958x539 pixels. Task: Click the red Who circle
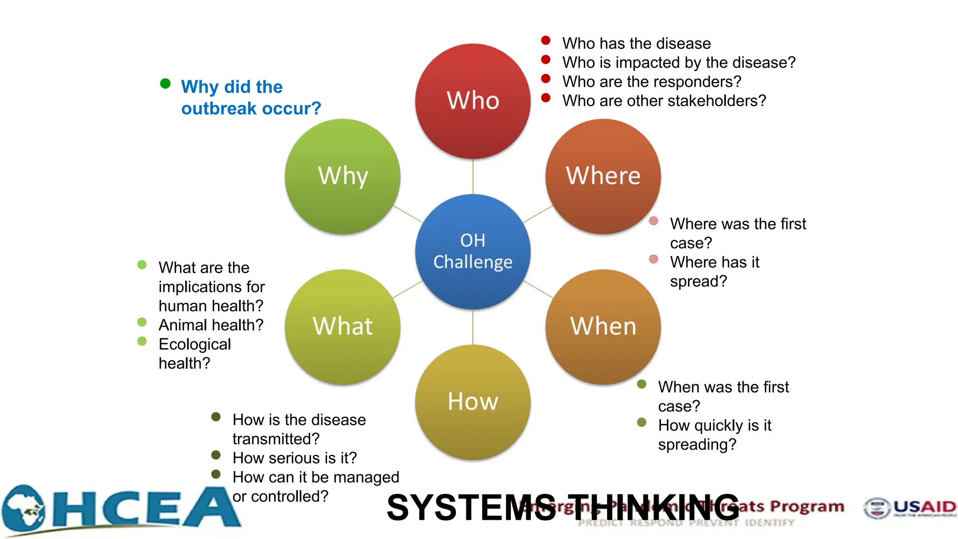tap(472, 101)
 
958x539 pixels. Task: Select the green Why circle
tap(342, 176)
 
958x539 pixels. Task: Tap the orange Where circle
tap(603, 176)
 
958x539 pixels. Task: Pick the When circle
tap(603, 327)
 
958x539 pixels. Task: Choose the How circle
tap(472, 402)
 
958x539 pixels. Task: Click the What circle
tap(342, 327)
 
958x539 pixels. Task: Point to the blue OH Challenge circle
tap(472, 252)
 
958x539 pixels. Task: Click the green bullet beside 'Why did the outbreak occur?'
tap(165, 84)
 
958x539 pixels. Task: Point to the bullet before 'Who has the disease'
tap(545, 40)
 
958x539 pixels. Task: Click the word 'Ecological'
tap(195, 344)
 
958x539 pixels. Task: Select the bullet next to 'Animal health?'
tap(142, 322)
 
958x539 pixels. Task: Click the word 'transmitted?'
tap(276, 439)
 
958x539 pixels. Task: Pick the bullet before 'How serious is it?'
tap(216, 455)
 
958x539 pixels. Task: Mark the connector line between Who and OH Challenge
tap(472, 177)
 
